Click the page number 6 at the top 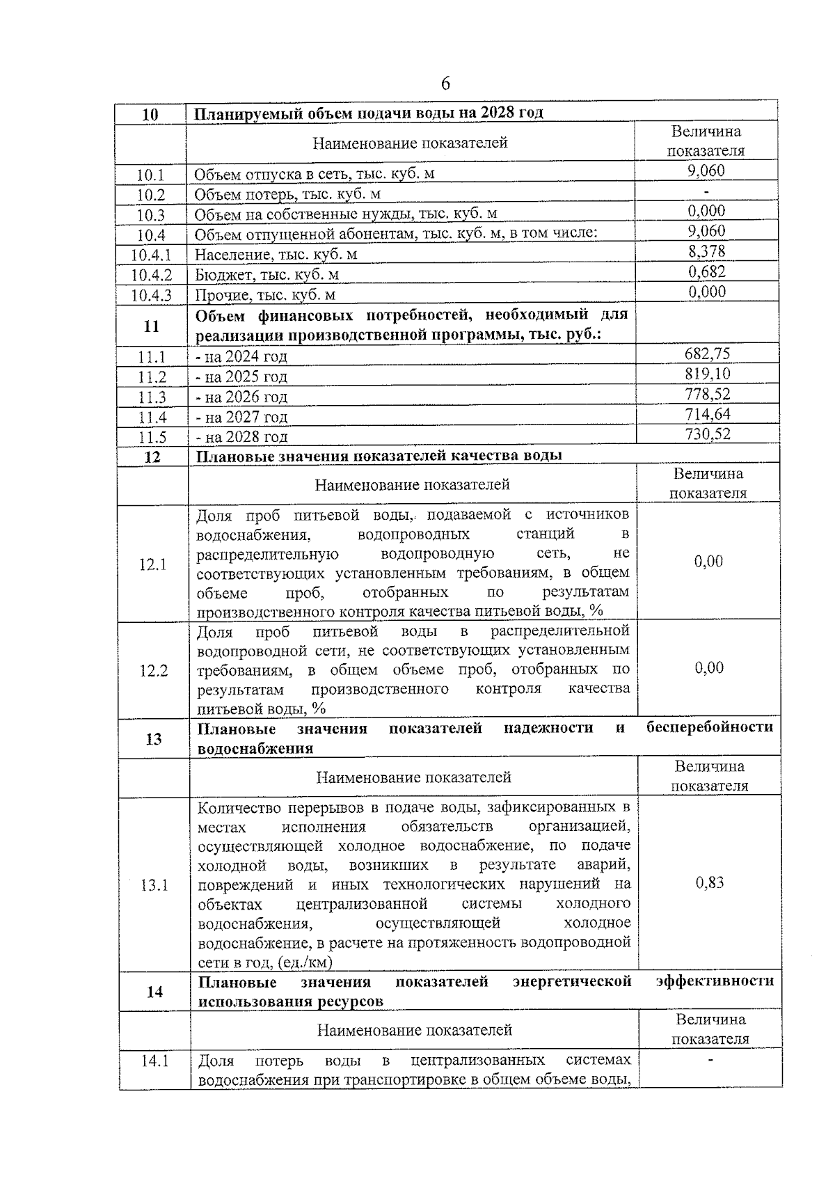coord(445,84)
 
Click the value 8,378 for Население coord(706,251)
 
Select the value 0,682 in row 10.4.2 coord(706,271)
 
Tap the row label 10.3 coord(151,215)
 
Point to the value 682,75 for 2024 coord(707,354)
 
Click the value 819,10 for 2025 coord(707,374)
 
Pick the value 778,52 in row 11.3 coord(707,394)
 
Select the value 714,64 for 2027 coord(707,414)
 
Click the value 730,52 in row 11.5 coord(707,434)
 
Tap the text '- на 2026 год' coord(241,397)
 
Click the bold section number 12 coord(152,457)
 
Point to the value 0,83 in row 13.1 coord(710,883)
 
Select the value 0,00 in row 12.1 coord(708,562)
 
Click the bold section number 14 coord(154,992)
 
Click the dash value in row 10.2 coord(706,191)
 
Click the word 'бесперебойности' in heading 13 coord(709,728)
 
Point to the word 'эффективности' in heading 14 coord(715,981)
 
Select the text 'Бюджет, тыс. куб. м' coord(267,275)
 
